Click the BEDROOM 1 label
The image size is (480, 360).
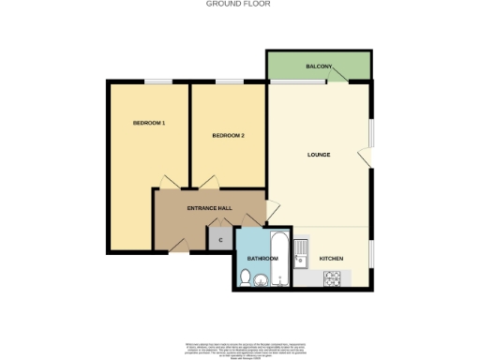pyautogui.click(x=149, y=123)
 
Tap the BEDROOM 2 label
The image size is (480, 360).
pyautogui.click(x=228, y=136)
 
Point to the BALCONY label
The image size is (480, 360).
pyautogui.click(x=319, y=67)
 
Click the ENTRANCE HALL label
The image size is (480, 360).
pyautogui.click(x=209, y=207)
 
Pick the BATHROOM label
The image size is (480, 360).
pyautogui.click(x=262, y=258)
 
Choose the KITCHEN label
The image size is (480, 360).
pyautogui.click(x=332, y=258)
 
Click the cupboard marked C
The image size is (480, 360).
pyautogui.click(x=220, y=240)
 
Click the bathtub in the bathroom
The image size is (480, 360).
pyautogui.click(x=279, y=258)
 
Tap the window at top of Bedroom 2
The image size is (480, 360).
pyautogui.click(x=228, y=82)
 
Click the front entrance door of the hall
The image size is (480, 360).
pyautogui.click(x=179, y=246)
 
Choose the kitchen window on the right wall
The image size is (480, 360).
pyautogui.click(x=370, y=253)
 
